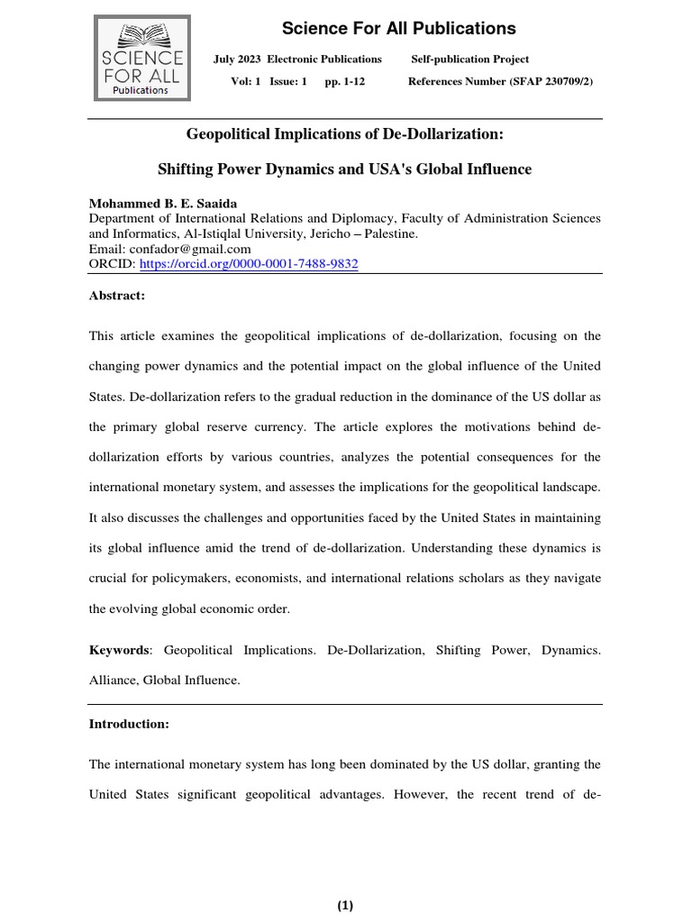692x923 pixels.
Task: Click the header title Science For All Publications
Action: pos(399,29)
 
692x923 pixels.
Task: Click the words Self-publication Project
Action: pos(470,59)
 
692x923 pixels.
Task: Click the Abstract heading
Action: pos(116,296)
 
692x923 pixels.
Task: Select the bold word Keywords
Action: pos(118,650)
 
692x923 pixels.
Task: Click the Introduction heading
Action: pos(128,724)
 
